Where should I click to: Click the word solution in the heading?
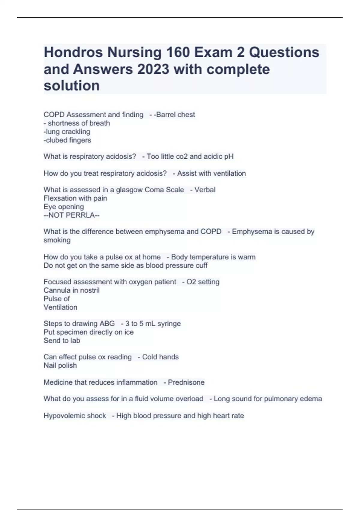(x=72, y=86)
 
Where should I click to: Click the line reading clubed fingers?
(x=67, y=140)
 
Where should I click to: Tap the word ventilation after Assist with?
(x=229, y=173)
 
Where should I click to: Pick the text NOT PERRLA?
(x=72, y=215)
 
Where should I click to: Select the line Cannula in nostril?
(x=72, y=290)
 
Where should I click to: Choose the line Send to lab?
(x=62, y=340)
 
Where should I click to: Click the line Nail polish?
(x=60, y=365)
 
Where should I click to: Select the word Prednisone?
(x=186, y=382)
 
